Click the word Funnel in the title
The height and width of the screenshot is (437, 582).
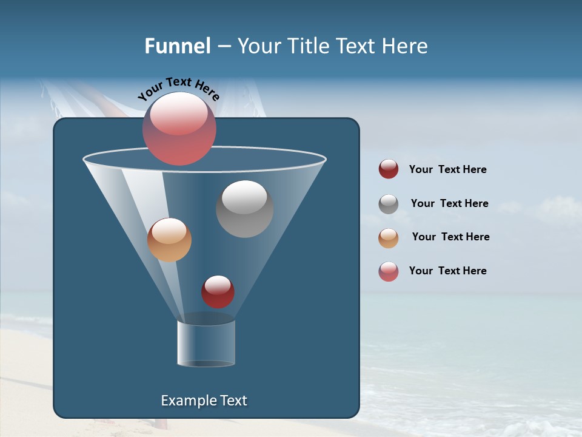click(177, 46)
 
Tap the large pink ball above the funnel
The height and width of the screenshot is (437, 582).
click(179, 129)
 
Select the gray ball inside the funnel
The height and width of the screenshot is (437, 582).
click(244, 209)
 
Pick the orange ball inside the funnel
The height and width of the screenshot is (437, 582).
click(169, 240)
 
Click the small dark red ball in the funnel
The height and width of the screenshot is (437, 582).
click(218, 291)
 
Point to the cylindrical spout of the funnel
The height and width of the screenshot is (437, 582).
click(206, 343)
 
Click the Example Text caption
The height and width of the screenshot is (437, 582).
click(204, 401)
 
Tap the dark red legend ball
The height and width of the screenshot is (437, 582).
click(389, 169)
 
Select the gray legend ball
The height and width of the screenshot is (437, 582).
click(389, 204)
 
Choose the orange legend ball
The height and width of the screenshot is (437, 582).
click(389, 238)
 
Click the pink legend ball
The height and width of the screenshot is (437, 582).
click(389, 271)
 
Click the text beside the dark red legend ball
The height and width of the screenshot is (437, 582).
click(447, 169)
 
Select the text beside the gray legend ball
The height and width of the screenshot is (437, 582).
click(449, 203)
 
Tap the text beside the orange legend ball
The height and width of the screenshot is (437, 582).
click(450, 237)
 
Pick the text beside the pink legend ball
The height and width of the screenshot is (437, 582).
click(447, 271)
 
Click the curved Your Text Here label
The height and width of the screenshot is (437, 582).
click(178, 87)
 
